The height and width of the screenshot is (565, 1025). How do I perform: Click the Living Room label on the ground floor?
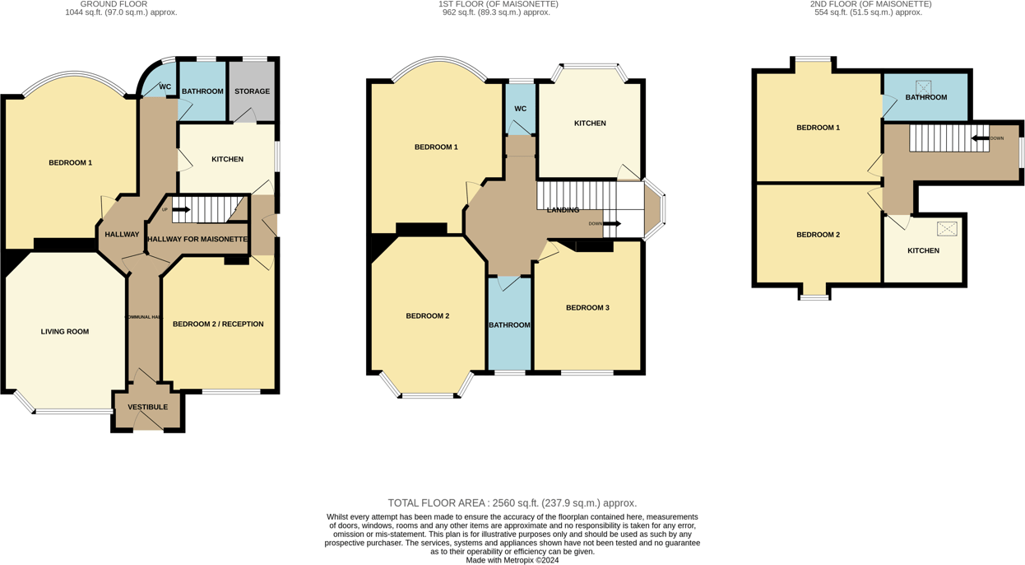[x=65, y=332]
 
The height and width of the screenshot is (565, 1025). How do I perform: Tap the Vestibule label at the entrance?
[x=147, y=407]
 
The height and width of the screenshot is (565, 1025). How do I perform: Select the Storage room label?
[x=252, y=91]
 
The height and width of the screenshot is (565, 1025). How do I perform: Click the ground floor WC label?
[x=165, y=86]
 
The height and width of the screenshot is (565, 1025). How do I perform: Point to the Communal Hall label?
[x=143, y=317]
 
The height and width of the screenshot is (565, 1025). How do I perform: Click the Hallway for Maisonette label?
[x=197, y=240]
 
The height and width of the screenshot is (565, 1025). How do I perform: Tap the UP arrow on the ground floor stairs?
[x=180, y=210]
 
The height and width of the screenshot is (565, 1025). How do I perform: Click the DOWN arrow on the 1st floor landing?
[x=611, y=223]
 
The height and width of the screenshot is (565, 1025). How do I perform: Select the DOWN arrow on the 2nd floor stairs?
[x=980, y=138]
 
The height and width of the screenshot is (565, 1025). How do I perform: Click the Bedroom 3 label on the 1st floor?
[x=587, y=308]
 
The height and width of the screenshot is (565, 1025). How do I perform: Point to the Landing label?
[x=563, y=210]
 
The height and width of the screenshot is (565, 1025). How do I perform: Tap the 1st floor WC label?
[x=520, y=109]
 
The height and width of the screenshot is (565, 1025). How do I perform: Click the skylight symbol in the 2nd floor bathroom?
[x=924, y=86]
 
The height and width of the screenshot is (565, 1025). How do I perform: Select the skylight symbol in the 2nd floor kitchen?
[x=947, y=229]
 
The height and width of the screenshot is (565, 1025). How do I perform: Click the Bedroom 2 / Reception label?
[x=218, y=325]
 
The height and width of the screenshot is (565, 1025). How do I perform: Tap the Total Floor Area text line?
[x=512, y=503]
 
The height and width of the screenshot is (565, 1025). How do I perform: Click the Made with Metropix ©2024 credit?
[x=512, y=560]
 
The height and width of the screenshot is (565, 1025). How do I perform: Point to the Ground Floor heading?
[x=114, y=4]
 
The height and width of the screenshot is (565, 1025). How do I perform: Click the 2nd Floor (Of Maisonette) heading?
[x=870, y=4]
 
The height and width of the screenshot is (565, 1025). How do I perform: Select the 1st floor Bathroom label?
[x=509, y=325]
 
